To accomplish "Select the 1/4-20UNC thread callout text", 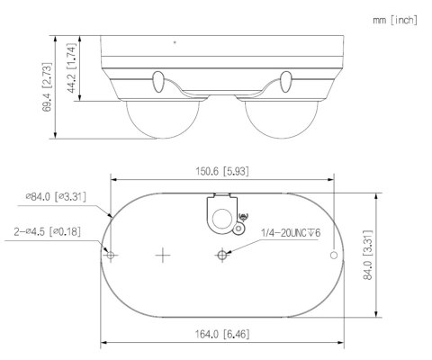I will pyautogui.click(x=290, y=233).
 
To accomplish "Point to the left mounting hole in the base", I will pyautogui.click(x=111, y=256).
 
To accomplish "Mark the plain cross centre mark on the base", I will pyautogui.click(x=162, y=256).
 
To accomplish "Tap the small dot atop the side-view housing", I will pyautogui.click(x=175, y=41).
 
